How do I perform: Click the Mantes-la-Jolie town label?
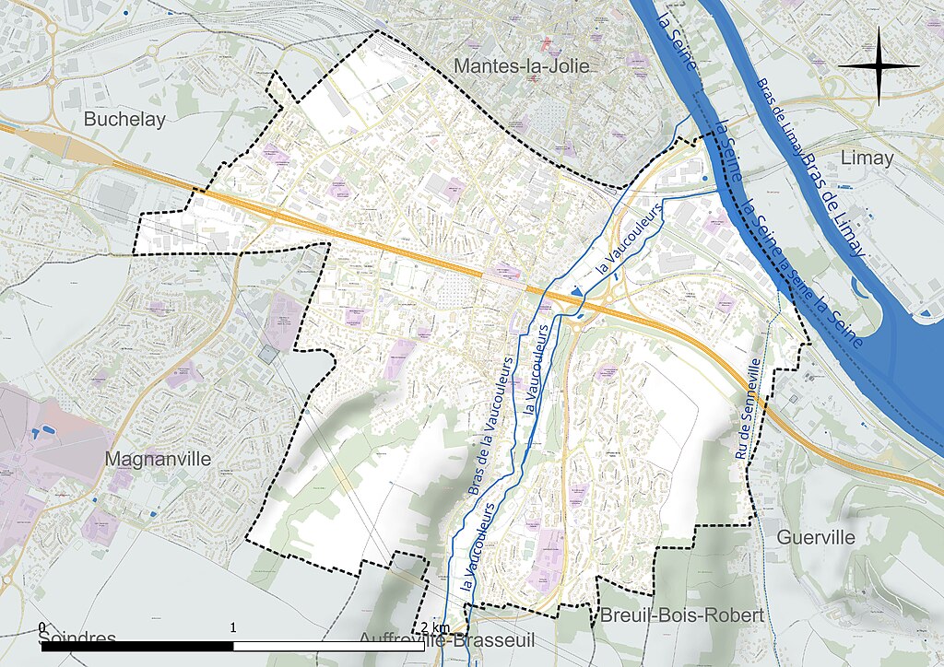pos(521,66)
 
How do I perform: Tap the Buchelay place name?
pos(124,119)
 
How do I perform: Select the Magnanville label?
pos(159,458)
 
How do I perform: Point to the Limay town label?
pos(867,158)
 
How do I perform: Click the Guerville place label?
pos(816,536)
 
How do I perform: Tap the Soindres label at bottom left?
pos(78,638)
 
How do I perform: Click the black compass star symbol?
pos(880,66)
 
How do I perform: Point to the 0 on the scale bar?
pos(42,627)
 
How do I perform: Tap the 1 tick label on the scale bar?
pos(233,627)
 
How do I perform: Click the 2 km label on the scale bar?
pos(433,627)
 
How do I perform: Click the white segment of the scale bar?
pos(329,647)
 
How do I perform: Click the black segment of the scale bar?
pos(138,647)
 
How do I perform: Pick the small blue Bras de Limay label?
pos(776,118)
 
